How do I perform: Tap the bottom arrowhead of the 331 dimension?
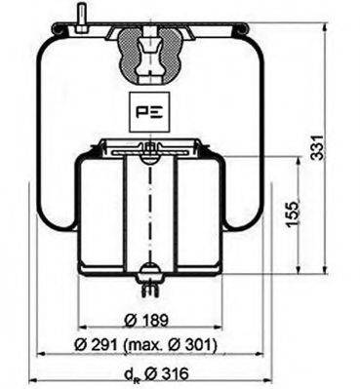point(323,274)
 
